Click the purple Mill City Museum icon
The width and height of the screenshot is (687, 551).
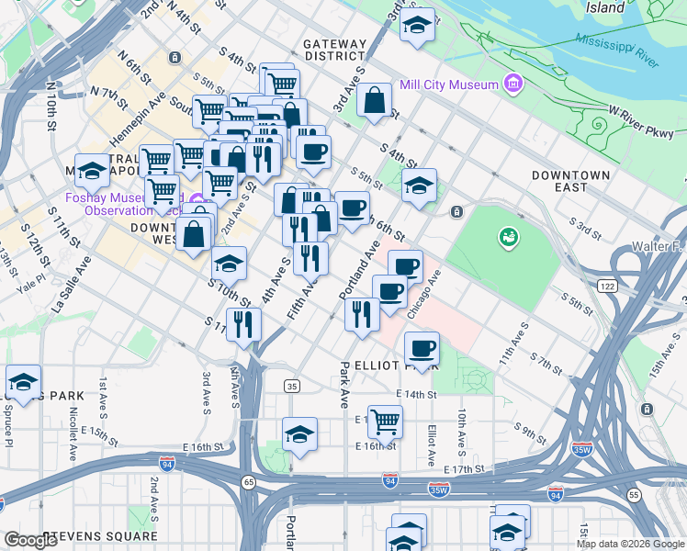[512, 85]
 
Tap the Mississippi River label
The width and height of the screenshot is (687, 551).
[616, 51]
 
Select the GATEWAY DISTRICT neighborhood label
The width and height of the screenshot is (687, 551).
[334, 50]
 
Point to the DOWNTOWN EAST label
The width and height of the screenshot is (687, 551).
[570, 181]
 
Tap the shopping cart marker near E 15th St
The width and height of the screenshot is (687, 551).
[385, 422]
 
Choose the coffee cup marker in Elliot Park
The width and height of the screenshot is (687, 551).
[422, 348]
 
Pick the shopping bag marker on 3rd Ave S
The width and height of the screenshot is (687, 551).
[375, 101]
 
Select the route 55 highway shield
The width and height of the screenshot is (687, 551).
[635, 495]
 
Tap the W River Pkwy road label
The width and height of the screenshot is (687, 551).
[640, 121]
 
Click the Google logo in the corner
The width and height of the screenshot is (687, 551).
[32, 541]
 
